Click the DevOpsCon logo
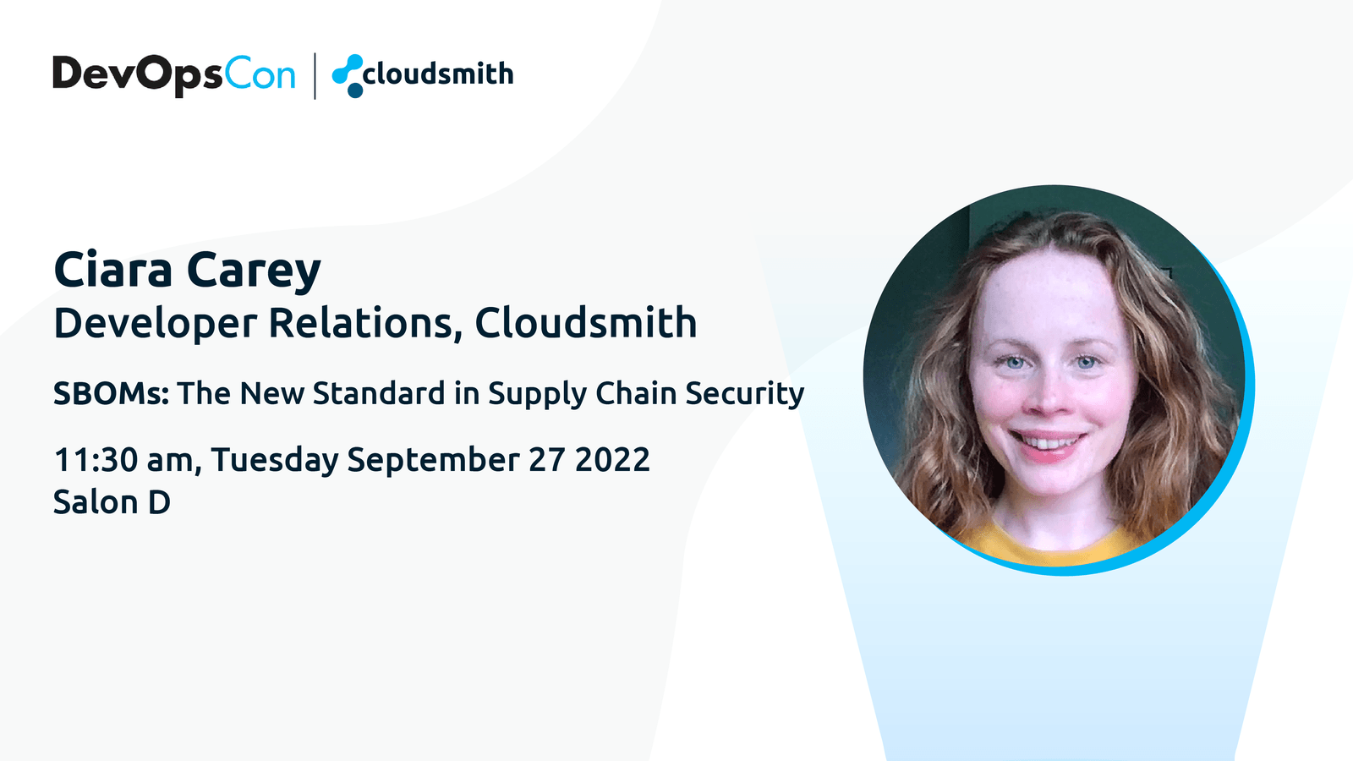coord(174,75)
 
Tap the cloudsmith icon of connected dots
coord(348,76)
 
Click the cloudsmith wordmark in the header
coord(439,74)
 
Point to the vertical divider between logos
coord(315,76)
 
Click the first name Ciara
coord(113,270)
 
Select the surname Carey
coord(254,271)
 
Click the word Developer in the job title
coord(156,323)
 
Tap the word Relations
coord(361,322)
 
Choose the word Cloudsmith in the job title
coord(586,322)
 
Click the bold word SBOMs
coord(111,393)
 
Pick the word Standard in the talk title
coord(379,393)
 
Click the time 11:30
coord(96,460)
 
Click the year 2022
coord(612,460)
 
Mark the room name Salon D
coord(112,502)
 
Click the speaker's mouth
coord(1049,444)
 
